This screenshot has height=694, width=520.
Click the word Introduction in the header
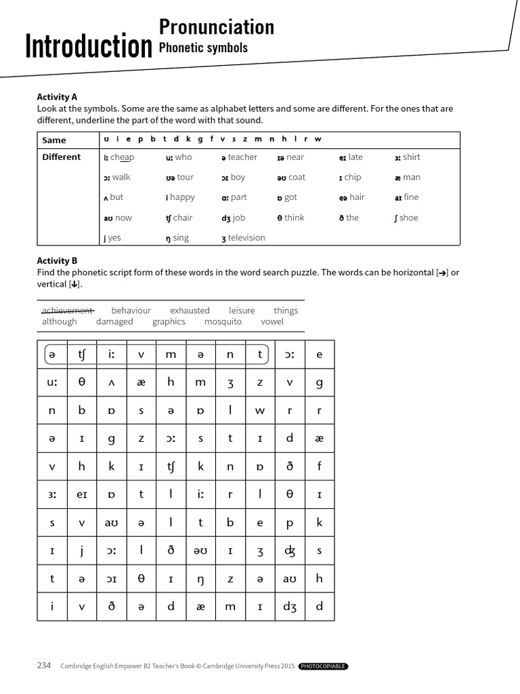point(88,47)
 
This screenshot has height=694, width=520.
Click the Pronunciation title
point(216,26)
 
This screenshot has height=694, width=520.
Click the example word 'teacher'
point(242,157)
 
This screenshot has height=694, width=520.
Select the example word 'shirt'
point(411,157)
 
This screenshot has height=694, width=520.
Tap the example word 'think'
point(294,218)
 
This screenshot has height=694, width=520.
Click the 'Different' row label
point(61,157)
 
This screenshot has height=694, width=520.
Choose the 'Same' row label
point(54,140)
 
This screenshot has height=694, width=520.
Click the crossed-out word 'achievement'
point(68,310)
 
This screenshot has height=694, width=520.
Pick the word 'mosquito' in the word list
point(223,322)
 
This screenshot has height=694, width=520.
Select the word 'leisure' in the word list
point(242,310)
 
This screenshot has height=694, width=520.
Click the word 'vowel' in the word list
point(272,322)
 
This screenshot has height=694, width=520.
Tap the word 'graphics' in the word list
point(169,322)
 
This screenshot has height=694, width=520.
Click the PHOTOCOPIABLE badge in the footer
point(323,666)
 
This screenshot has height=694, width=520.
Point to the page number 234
point(44,666)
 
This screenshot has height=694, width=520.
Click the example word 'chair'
point(183,218)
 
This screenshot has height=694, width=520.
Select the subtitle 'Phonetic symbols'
point(203,48)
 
